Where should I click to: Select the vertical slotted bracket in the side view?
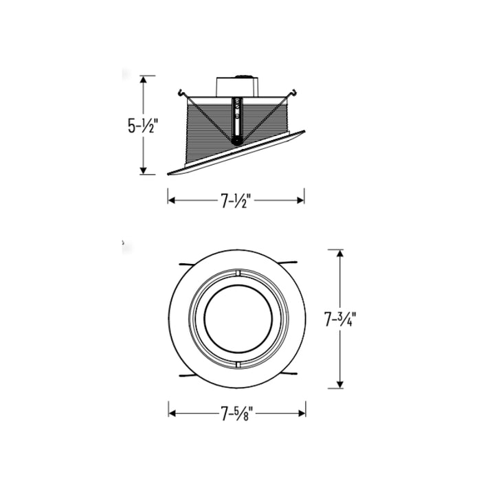238,118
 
